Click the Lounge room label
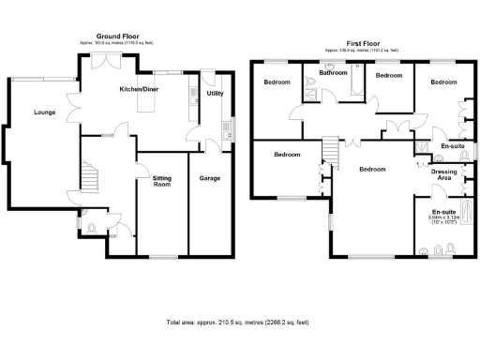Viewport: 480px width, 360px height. pyautogui.click(x=44, y=112)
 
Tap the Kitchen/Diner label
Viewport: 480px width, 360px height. pyautogui.click(x=138, y=89)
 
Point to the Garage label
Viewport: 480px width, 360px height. pyautogui.click(x=209, y=176)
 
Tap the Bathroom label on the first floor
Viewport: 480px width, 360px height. pyautogui.click(x=335, y=72)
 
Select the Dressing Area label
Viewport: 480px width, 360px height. pyautogui.click(x=443, y=174)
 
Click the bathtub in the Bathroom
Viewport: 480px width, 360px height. pyautogui.click(x=353, y=86)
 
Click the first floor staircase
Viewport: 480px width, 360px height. pyautogui.click(x=329, y=150)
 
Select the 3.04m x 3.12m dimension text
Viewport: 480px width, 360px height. pyautogui.click(x=443, y=219)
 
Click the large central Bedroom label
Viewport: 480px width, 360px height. pyautogui.click(x=372, y=169)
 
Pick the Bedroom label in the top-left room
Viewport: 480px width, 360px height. pyautogui.click(x=277, y=82)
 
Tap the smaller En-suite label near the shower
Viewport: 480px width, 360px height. pyautogui.click(x=452, y=146)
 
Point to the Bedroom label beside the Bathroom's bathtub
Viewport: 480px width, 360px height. pyautogui.click(x=388, y=74)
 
